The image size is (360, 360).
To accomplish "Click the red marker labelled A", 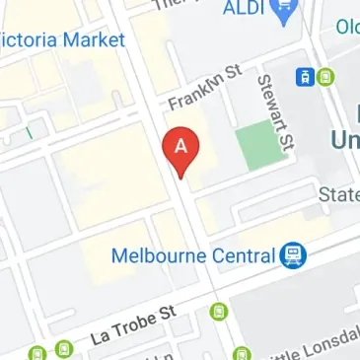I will click(181, 151).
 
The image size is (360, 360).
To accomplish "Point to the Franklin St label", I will click(204, 88).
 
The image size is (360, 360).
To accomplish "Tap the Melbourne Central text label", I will click(191, 255).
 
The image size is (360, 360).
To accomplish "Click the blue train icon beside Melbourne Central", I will click(292, 256).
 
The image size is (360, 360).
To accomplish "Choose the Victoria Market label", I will click(63, 40).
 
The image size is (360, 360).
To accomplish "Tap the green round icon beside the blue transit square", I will click(326, 76).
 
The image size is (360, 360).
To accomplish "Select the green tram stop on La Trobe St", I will click(217, 312).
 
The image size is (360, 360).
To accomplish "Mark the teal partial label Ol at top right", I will click(347, 27).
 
